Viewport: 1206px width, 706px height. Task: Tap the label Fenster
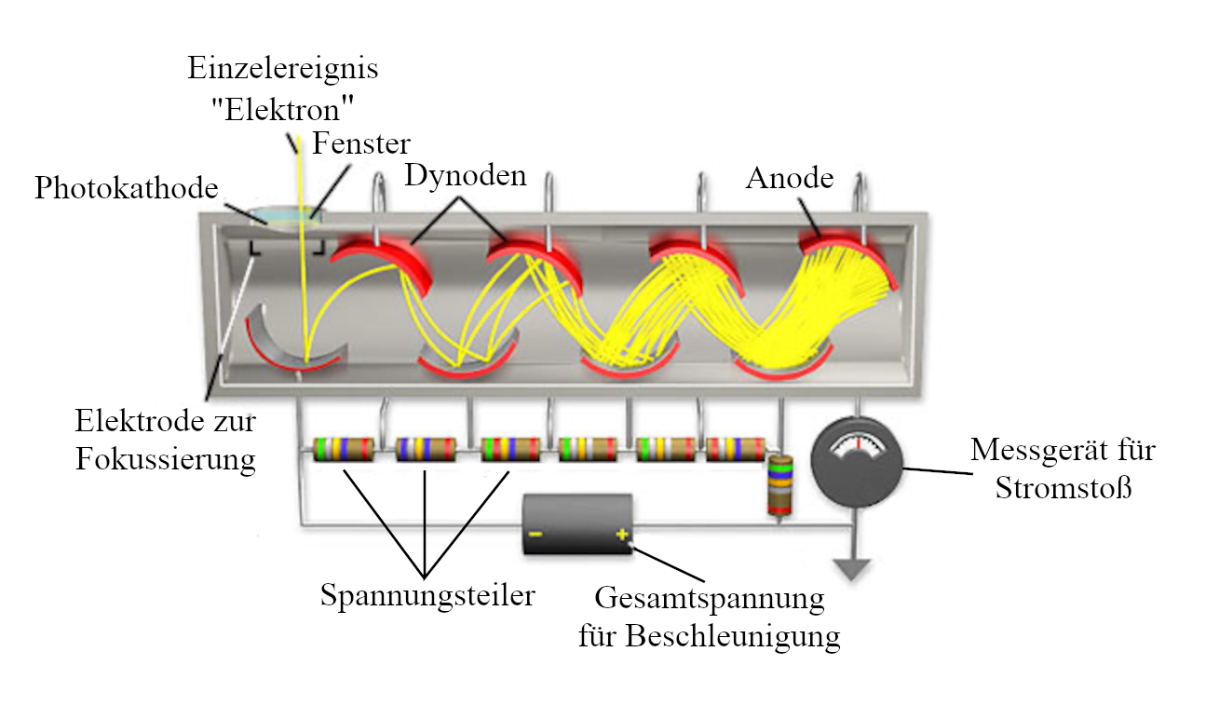pos(361,143)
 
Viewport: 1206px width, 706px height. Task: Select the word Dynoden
pos(465,174)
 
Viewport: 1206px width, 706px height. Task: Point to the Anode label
pos(790,177)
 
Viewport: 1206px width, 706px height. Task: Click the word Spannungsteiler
pos(427,594)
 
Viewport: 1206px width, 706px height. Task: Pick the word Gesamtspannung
pos(709,597)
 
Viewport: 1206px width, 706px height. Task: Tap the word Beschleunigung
pos(733,636)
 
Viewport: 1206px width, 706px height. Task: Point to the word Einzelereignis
pos(283,68)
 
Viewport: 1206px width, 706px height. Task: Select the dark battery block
pos(578,525)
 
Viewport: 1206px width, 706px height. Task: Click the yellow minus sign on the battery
pos(535,535)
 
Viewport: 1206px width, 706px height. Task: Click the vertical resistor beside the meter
pos(779,484)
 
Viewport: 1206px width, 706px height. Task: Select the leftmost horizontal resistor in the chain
pos(343,449)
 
